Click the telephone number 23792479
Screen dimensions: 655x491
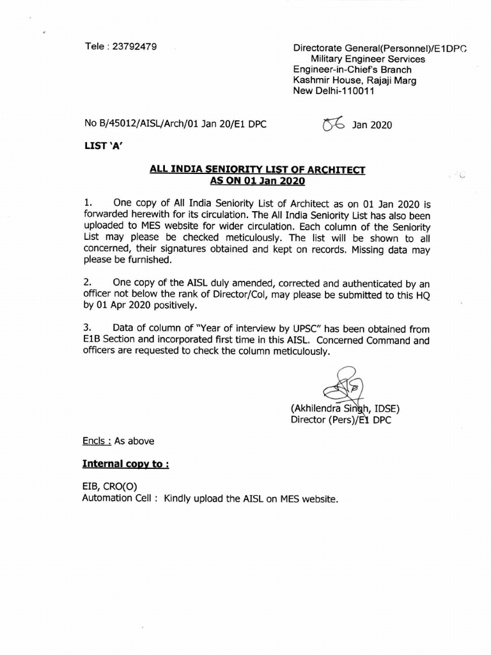tap(136, 47)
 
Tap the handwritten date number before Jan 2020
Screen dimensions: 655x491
tap(334, 124)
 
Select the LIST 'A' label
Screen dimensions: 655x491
tap(102, 146)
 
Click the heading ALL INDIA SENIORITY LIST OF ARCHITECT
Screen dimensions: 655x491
tap(257, 170)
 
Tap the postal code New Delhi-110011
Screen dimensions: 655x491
tap(333, 91)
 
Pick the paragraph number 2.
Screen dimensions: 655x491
tap(88, 281)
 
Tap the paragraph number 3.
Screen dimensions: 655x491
tap(88, 328)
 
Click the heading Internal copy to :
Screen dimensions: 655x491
tap(125, 463)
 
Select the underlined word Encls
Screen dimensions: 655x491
tap(94, 441)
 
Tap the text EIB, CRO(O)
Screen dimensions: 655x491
tap(109, 487)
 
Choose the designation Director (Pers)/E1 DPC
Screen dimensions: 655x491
tap(341, 420)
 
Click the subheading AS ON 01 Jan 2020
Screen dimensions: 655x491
tap(257, 181)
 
